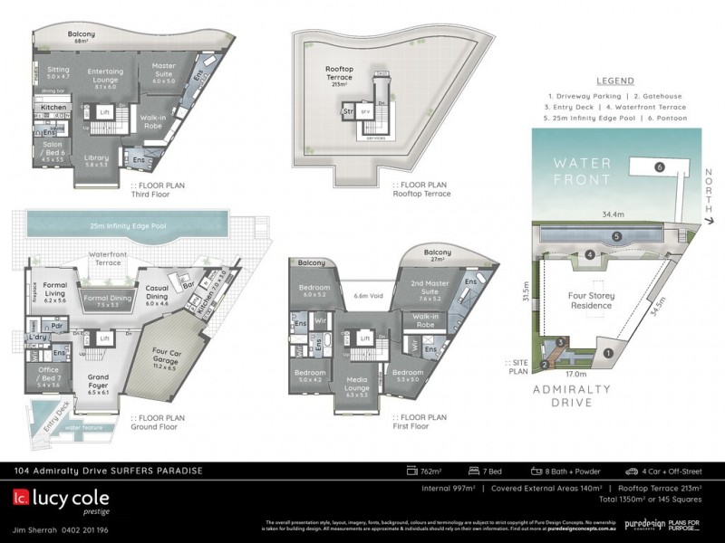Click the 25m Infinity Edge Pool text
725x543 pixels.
[x=122, y=223]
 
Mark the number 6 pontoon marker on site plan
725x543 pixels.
[x=660, y=167]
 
